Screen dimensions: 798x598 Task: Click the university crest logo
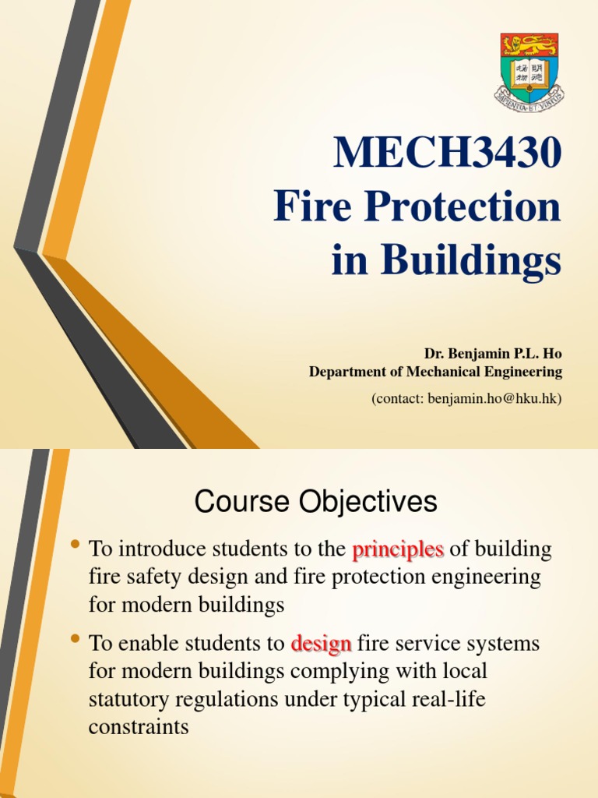coord(529,69)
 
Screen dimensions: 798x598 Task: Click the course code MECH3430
coord(447,154)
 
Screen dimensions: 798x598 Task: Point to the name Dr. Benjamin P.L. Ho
coord(493,354)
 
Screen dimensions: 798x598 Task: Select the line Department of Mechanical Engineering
coord(435,372)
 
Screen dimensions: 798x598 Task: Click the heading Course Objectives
coord(316,503)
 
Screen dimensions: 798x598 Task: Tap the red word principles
coord(398,549)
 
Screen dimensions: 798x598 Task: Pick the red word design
coord(321,644)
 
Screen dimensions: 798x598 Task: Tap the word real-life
coord(446,699)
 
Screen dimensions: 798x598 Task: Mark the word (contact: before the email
coord(400,398)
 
